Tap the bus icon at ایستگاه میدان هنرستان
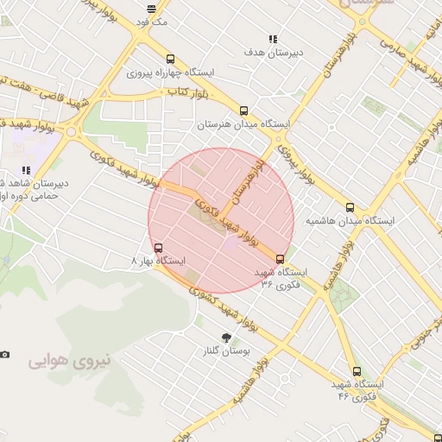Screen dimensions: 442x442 point(243,110)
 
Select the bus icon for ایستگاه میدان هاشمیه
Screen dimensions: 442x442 point(350,207)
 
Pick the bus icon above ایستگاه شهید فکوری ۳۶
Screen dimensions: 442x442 point(280,258)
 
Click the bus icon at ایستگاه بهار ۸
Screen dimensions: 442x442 point(156,248)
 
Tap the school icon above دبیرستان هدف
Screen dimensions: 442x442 point(274,39)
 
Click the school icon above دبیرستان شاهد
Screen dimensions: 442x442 point(26,170)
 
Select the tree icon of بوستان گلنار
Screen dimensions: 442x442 point(226,338)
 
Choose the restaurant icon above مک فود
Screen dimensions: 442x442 point(153,9)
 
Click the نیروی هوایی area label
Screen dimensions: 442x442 point(71,361)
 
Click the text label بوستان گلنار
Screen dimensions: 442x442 point(225,352)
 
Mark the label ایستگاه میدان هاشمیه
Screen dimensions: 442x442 point(350,221)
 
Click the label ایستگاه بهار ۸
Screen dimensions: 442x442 point(159,260)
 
